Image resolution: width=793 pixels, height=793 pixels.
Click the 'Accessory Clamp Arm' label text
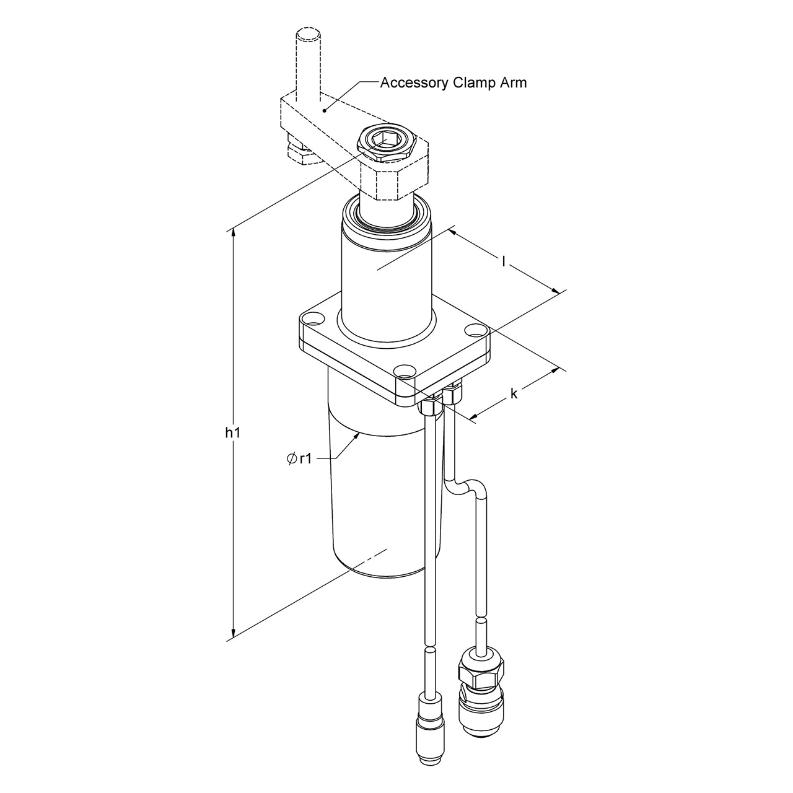click(453, 82)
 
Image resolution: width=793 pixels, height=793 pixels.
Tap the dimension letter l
click(504, 261)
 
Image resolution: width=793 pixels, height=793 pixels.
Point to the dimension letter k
click(514, 393)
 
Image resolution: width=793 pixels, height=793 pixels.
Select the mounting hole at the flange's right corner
click(475, 330)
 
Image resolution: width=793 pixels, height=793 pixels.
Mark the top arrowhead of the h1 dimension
click(234, 233)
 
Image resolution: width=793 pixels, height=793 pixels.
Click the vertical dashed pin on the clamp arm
click(308, 62)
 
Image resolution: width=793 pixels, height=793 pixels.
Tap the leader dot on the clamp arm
click(324, 110)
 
